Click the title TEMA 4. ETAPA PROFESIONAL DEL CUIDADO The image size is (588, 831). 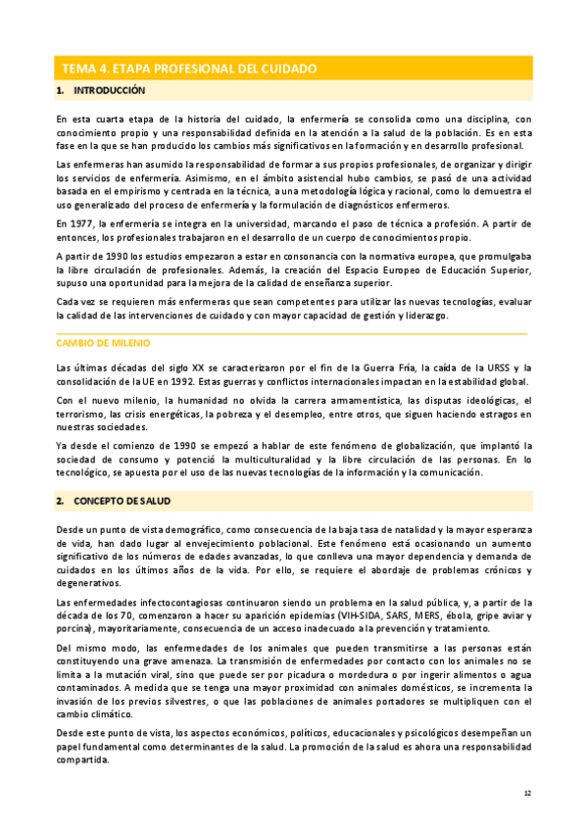point(189,69)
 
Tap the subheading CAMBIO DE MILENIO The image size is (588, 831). point(104,344)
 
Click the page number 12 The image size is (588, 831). point(526,793)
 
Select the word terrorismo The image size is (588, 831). point(83,415)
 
